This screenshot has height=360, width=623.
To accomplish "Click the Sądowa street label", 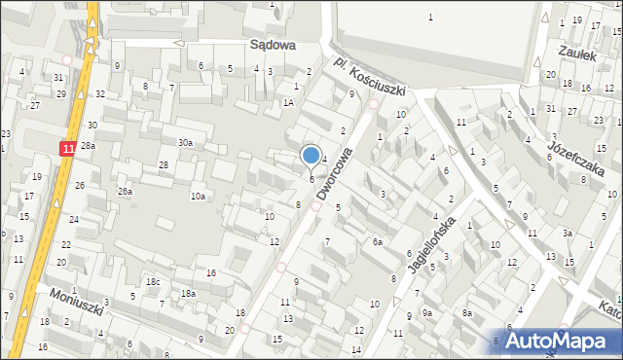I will [272, 45].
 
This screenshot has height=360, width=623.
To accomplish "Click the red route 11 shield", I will [67, 148].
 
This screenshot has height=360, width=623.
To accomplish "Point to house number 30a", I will [185, 143].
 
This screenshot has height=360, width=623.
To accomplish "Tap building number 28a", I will [88, 145].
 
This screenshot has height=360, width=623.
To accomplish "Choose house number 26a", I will [126, 192].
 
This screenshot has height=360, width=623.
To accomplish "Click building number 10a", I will [198, 197].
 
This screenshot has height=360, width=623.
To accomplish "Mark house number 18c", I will [153, 282].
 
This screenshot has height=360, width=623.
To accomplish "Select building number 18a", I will [186, 293].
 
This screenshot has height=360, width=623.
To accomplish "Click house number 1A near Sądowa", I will [288, 102].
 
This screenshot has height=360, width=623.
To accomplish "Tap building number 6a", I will [377, 242].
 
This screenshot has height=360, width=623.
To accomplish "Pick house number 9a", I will [427, 313].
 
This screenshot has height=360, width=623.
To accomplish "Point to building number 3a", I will [566, 234].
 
